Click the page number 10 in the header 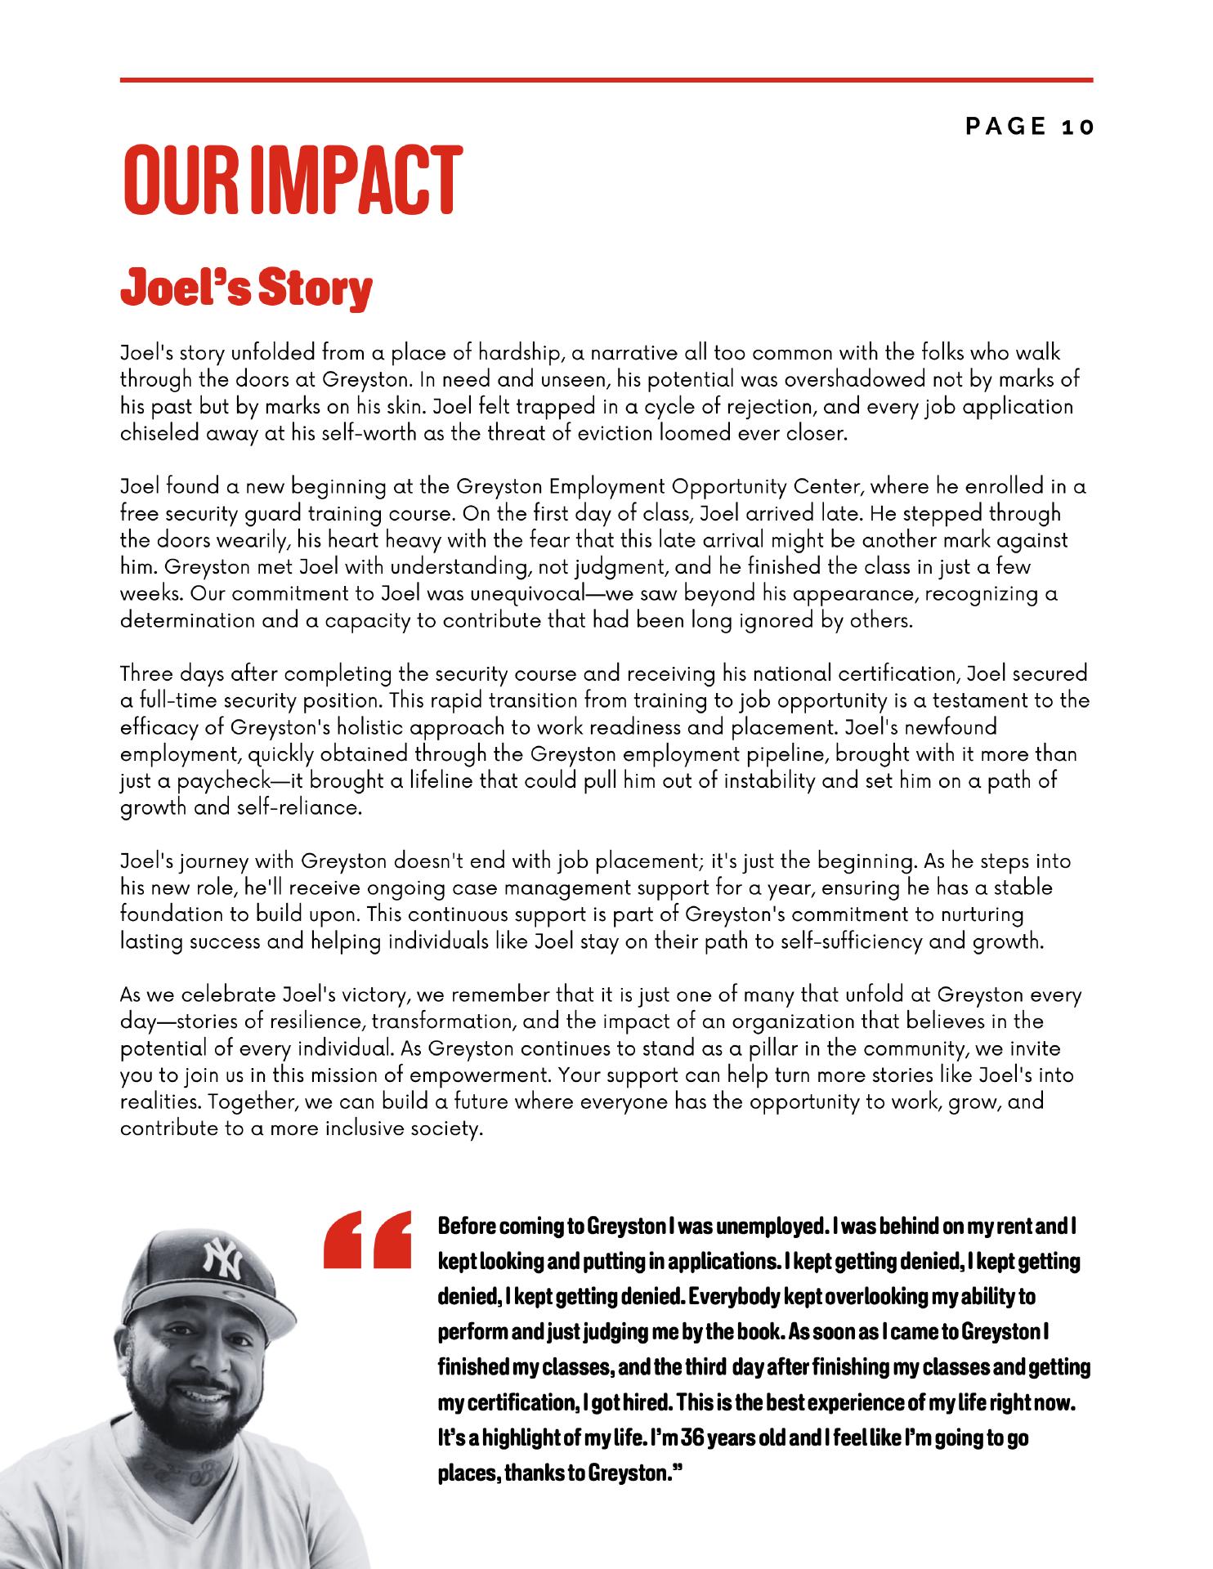[x=1077, y=127]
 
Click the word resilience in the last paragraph [x=307, y=1021]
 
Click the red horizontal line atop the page [x=606, y=80]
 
